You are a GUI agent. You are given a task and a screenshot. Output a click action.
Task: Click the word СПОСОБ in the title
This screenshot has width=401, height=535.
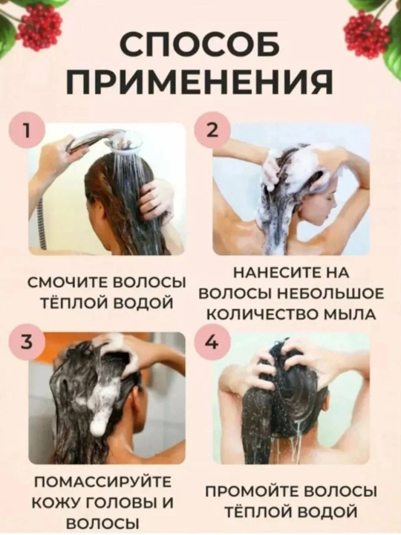pos(200,46)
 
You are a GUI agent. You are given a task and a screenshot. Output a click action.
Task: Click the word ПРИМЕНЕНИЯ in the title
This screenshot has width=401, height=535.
pos(200,83)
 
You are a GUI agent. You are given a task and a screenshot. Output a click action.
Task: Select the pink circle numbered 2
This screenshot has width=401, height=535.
pos(212,131)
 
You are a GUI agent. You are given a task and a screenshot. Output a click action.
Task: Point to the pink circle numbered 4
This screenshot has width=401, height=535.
pos(212,343)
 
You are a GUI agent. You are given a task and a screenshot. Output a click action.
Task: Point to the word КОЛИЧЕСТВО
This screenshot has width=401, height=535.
pos(259,314)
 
